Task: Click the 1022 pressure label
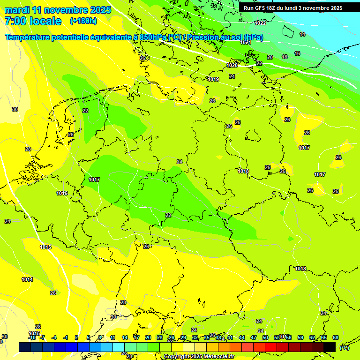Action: pyautogui.click(x=260, y=23)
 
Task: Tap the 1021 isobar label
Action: pyautogui.click(x=246, y=43)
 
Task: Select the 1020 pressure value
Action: pyautogui.click(x=232, y=65)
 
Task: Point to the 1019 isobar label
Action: pyautogui.click(x=213, y=79)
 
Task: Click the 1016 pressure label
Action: pyautogui.click(x=62, y=193)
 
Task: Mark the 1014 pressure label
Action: pyautogui.click(x=27, y=279)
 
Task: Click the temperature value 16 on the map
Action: pyautogui.click(x=297, y=54)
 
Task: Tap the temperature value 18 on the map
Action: pyautogui.click(x=285, y=57)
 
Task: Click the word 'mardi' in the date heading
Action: pyautogui.click(x=17, y=10)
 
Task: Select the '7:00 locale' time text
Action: pyautogui.click(x=33, y=21)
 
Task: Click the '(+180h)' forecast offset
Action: pyautogui.click(x=83, y=21)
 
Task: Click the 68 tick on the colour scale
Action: pyautogui.click(x=336, y=337)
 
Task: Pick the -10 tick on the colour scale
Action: pyautogui.click(x=32, y=337)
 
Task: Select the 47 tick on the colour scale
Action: pyautogui.click(x=254, y=337)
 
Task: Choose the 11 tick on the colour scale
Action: pyautogui.click(x=113, y=337)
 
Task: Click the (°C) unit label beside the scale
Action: pyautogui.click(x=345, y=347)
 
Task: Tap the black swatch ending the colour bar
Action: pyautogui.click(x=330, y=347)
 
